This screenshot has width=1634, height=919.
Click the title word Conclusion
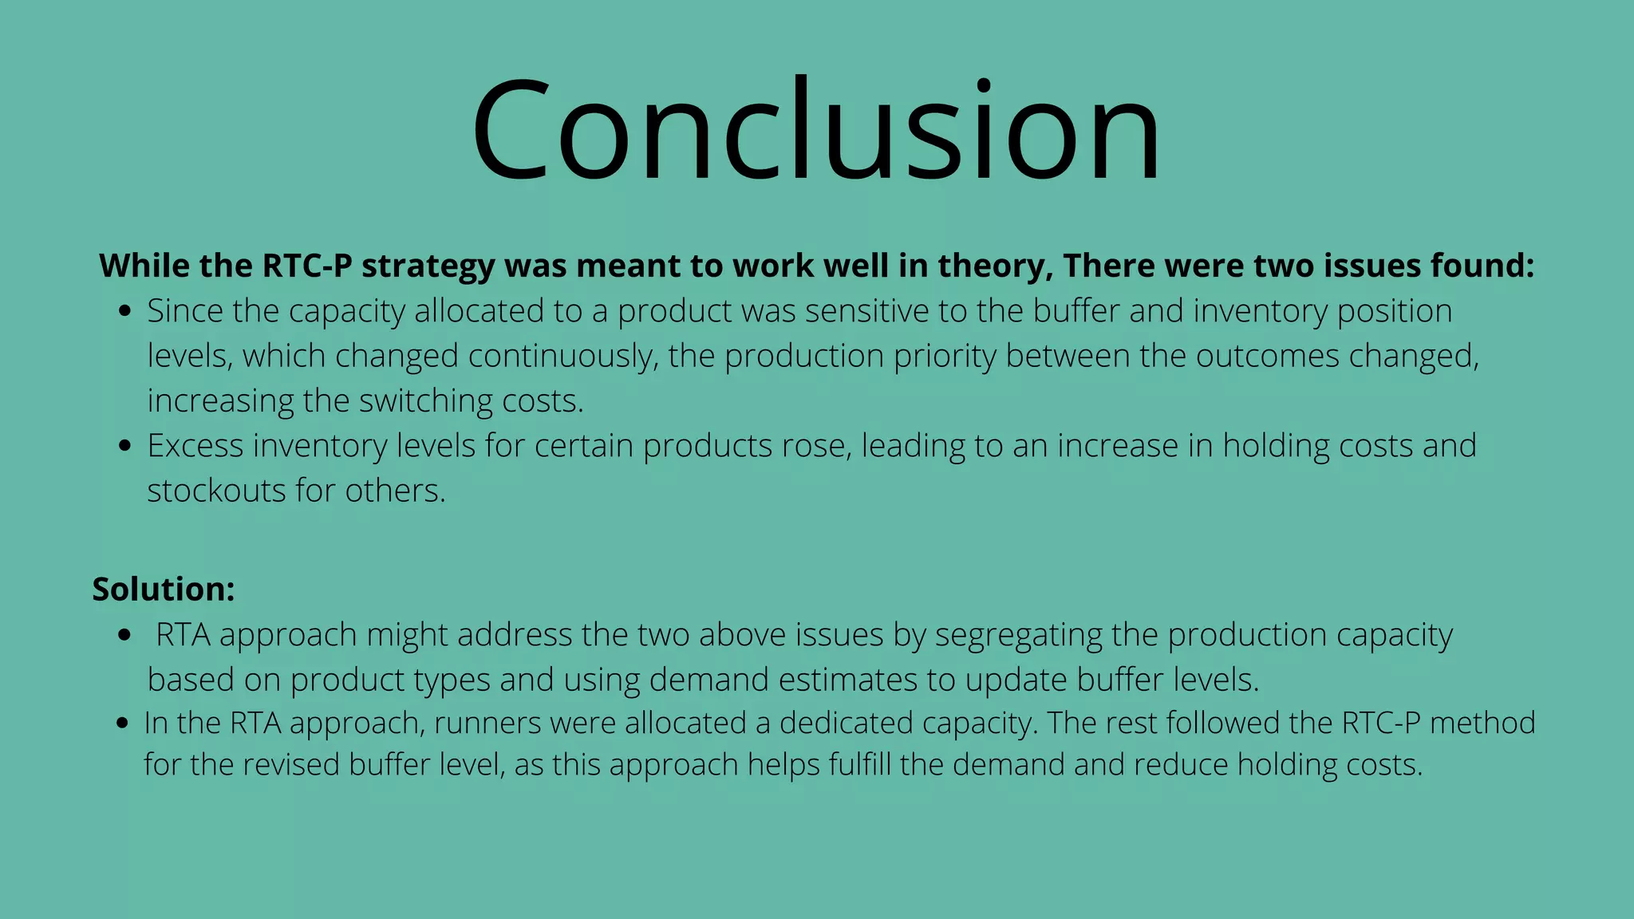point(815,129)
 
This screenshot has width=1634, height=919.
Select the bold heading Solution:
point(164,590)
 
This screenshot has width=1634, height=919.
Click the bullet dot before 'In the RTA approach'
point(122,724)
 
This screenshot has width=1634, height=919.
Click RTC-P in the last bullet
point(1381,724)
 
